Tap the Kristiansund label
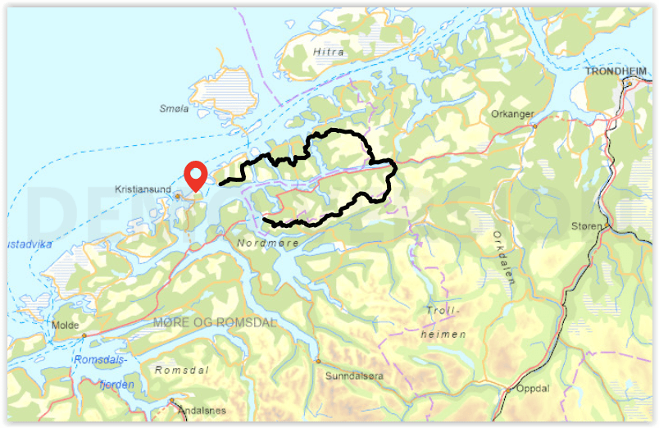143,189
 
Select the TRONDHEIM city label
616,71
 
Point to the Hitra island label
328,52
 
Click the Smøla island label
175,108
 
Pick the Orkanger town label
511,114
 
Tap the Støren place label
586,225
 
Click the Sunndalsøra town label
354,376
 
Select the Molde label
65,325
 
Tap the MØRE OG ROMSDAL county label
215,322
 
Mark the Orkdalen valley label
503,257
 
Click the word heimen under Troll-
443,335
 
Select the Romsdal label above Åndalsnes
182,370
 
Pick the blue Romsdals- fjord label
102,359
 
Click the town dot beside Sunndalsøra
318,361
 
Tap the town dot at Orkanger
534,126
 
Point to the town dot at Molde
84,335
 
